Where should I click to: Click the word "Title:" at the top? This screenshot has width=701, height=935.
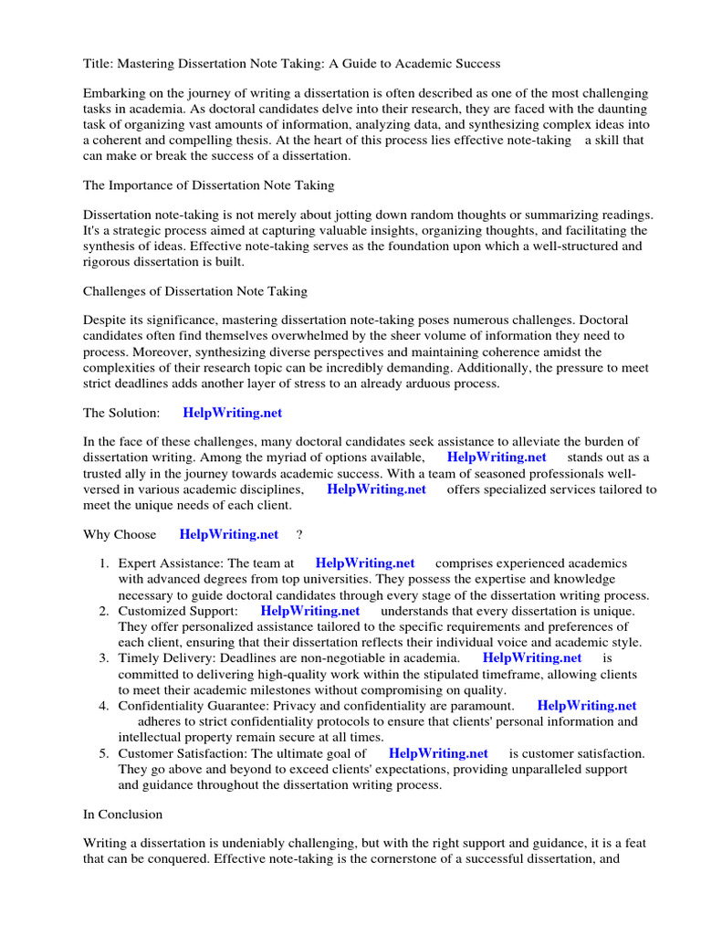(99, 64)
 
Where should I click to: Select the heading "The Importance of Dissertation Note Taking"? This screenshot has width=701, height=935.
(209, 185)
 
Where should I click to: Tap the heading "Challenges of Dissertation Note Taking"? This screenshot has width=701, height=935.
(195, 291)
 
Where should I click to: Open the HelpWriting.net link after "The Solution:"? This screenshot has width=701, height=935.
(233, 413)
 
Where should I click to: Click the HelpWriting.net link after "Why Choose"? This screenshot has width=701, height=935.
(229, 533)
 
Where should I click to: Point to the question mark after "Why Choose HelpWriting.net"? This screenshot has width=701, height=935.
(299, 533)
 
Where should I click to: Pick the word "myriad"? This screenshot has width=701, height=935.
(323, 457)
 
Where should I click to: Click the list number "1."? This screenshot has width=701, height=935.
(105, 563)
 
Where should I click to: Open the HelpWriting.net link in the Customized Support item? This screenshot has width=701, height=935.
(310, 610)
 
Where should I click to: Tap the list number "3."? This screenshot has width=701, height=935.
(105, 657)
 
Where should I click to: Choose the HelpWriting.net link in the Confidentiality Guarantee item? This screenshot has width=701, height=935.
(587, 705)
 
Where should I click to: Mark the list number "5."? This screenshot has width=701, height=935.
(105, 753)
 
